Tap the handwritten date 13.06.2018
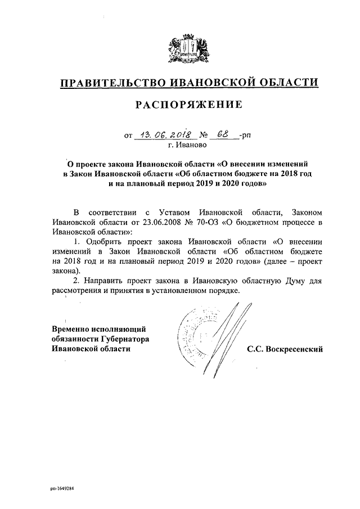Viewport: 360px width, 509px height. [x=166, y=135]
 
